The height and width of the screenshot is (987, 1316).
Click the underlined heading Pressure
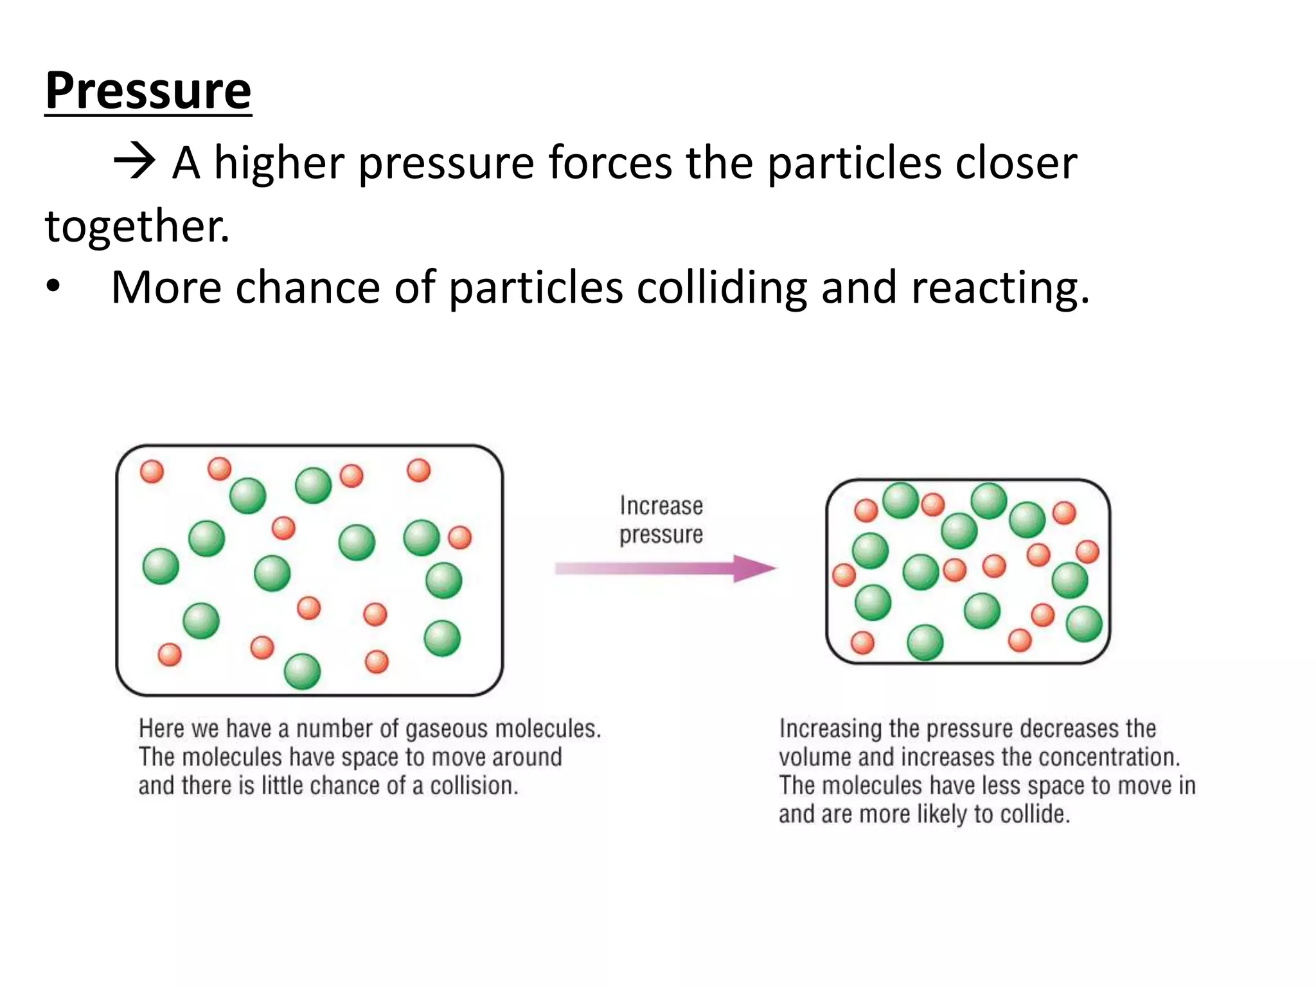pos(148,91)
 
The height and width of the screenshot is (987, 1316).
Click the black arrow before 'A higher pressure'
pos(134,162)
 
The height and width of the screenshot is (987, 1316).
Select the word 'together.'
pos(137,226)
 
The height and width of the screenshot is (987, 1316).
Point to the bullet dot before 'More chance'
pos(53,287)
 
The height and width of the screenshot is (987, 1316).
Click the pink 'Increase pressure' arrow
pos(665,569)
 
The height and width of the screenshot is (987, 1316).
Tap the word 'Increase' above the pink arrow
pos(661,506)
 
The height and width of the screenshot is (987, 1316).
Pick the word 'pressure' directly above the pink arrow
pos(661,535)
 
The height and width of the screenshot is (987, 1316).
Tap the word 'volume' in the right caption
pos(815,758)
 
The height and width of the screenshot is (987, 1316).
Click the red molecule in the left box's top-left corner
pos(152,472)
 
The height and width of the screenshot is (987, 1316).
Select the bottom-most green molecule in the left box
pos(302,671)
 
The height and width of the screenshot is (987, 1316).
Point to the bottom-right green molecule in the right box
pos(1084,624)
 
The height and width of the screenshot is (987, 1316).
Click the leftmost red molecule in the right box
pos(844,575)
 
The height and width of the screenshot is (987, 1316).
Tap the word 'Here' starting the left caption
pos(161,729)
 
